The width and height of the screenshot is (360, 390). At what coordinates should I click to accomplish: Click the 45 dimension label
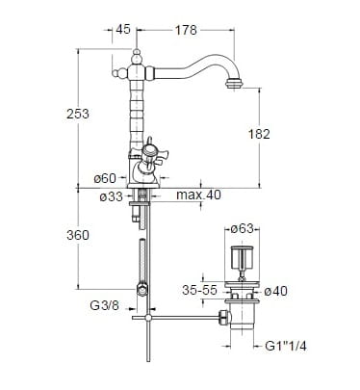[123, 29]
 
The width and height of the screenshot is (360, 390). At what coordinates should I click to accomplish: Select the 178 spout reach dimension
[186, 30]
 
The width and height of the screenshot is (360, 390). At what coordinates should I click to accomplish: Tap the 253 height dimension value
[78, 114]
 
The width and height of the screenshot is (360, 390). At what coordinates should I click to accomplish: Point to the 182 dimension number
[259, 134]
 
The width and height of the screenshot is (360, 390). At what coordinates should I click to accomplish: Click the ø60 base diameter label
[105, 178]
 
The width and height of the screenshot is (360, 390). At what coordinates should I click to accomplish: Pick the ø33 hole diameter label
[111, 196]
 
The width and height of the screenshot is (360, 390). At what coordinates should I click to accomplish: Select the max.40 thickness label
[198, 195]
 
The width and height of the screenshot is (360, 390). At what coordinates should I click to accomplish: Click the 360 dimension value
[78, 235]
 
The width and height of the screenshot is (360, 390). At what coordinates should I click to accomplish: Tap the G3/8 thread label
[104, 305]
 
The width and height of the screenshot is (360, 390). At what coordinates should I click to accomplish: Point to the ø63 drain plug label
[243, 228]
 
